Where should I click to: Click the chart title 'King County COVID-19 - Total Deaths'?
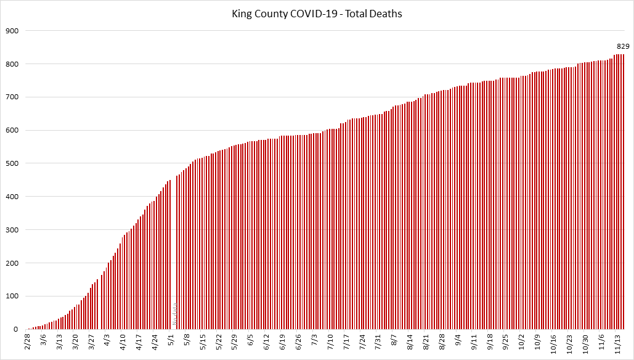click(317, 13)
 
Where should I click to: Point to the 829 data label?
click(623, 46)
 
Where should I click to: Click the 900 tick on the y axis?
click(12, 31)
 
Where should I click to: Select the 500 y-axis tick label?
click(12, 163)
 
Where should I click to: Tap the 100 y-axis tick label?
click(12, 297)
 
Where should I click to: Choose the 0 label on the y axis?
click(16, 330)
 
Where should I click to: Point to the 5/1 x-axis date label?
click(171, 340)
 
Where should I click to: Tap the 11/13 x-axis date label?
click(617, 342)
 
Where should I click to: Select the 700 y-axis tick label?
click(12, 97)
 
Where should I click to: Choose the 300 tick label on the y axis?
click(12, 230)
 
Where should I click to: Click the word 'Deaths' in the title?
click(388, 13)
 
